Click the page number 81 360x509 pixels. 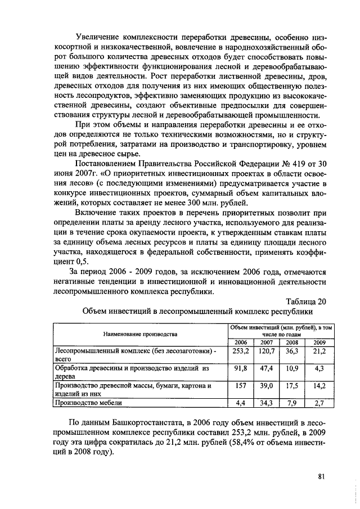pos(322,476)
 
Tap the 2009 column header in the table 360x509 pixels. pos(319,341)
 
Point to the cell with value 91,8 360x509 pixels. pos(240,368)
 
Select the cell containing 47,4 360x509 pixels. pos(266,368)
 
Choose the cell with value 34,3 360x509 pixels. pos(266,403)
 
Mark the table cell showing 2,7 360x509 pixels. pos(319,403)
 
